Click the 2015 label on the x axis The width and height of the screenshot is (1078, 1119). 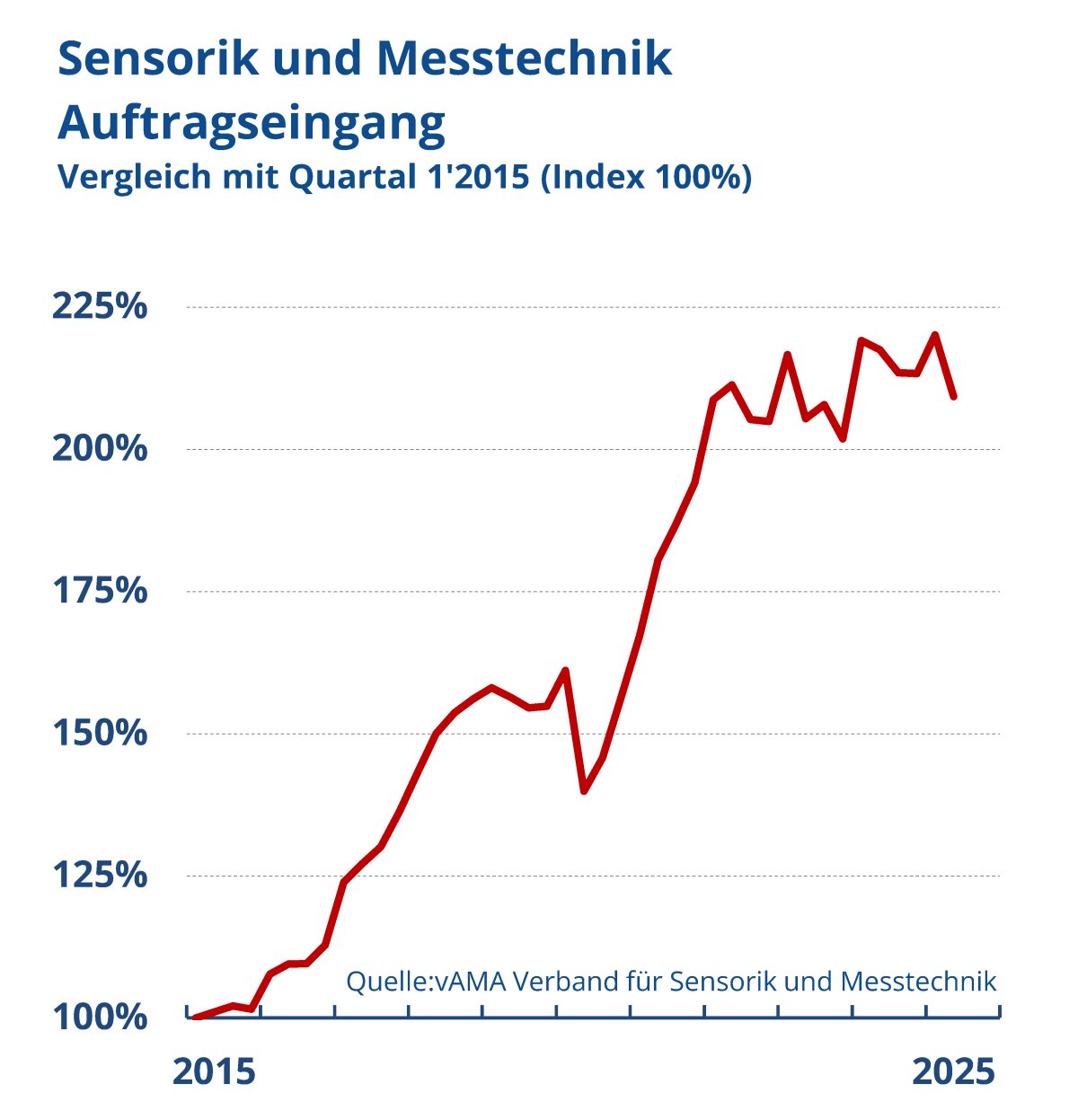pos(214,1072)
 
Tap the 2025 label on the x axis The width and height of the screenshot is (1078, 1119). pos(954,1072)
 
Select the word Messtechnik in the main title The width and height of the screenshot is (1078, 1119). pos(524,59)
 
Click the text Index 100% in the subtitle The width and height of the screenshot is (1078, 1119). pos(647,177)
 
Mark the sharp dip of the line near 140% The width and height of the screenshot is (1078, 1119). pos(584,791)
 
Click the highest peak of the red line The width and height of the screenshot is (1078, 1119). pos(935,335)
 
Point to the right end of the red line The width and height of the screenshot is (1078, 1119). pos(954,396)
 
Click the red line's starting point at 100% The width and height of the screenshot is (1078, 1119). pos(196,1017)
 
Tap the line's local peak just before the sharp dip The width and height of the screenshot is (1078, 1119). pos(565,670)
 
